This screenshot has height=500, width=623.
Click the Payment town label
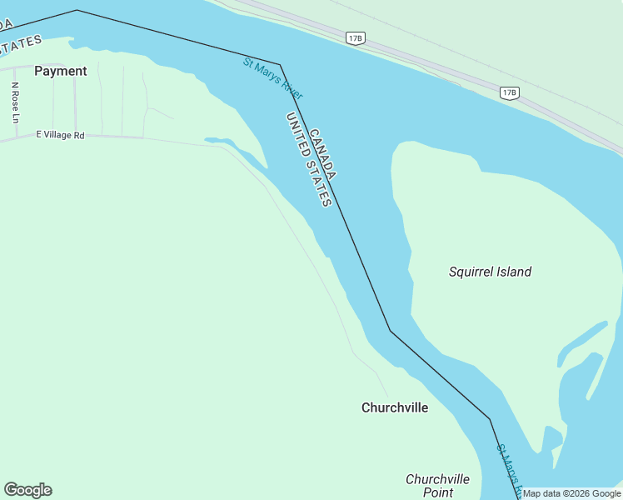(60, 72)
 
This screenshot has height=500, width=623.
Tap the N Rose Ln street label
(15, 102)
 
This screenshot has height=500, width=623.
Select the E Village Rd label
(60, 135)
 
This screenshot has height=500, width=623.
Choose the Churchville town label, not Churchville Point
(395, 407)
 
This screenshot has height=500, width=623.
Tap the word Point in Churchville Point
(437, 492)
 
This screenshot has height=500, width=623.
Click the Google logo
(27, 490)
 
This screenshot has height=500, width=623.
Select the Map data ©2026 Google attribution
(571, 493)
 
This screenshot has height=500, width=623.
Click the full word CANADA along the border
(322, 154)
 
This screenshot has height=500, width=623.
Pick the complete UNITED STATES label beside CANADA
(309, 160)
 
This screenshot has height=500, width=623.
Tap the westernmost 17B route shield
(356, 37)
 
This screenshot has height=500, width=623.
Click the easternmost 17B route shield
(510, 92)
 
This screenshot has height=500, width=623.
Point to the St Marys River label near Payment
(272, 76)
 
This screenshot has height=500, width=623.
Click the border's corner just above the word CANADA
(280, 64)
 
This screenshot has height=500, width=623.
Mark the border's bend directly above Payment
(77, 10)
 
